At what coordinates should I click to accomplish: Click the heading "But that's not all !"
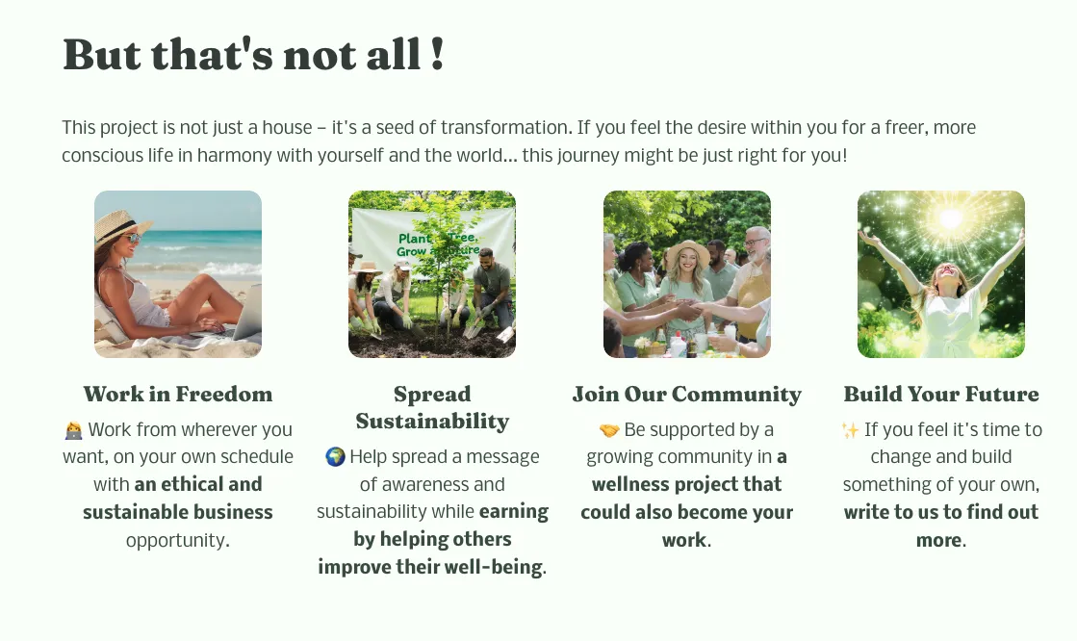(x=253, y=54)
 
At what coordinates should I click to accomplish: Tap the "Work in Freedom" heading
(x=178, y=394)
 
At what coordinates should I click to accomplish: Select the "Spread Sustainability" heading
(x=432, y=407)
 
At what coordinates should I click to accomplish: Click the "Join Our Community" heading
(x=687, y=394)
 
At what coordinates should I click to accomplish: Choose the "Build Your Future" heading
(x=941, y=394)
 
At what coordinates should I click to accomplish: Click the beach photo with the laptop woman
(x=178, y=274)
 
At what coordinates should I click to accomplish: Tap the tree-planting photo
(x=432, y=274)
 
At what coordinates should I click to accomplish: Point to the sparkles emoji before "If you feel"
(x=850, y=430)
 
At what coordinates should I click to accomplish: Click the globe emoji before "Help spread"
(x=335, y=457)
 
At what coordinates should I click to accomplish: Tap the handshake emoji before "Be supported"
(x=609, y=430)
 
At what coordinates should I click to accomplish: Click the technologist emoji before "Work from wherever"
(x=73, y=430)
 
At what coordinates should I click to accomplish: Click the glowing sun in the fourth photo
(x=951, y=218)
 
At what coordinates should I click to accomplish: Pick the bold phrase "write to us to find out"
(x=941, y=512)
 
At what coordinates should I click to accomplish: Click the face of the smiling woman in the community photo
(x=688, y=263)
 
